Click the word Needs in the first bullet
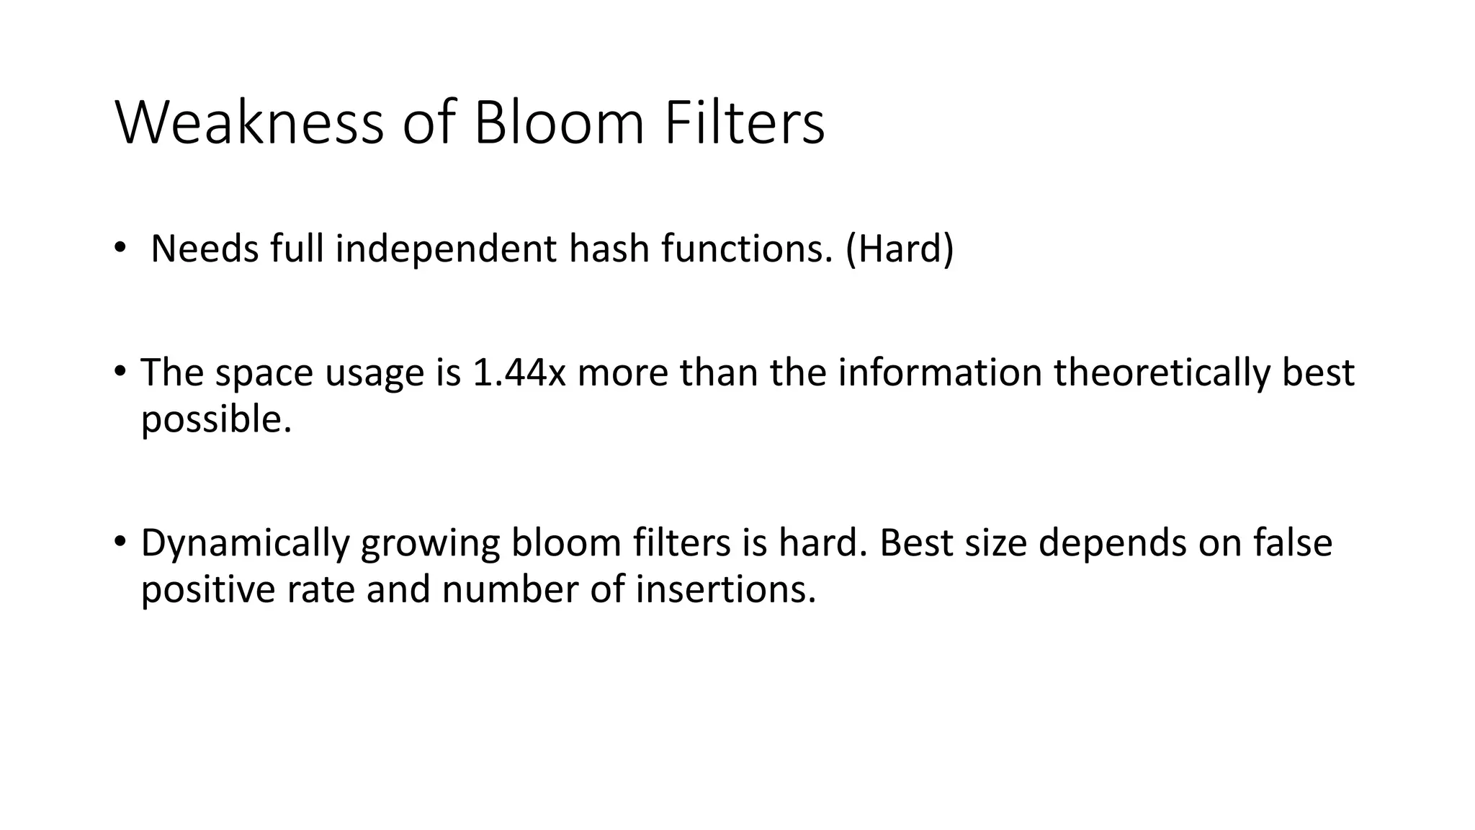click(x=204, y=249)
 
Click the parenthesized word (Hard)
click(x=900, y=249)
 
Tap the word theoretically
click(x=1161, y=372)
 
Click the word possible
click(x=216, y=419)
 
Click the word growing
click(x=430, y=545)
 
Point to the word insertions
click(x=726, y=589)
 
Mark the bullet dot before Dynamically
click(x=120, y=542)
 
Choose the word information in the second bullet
click(x=940, y=372)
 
